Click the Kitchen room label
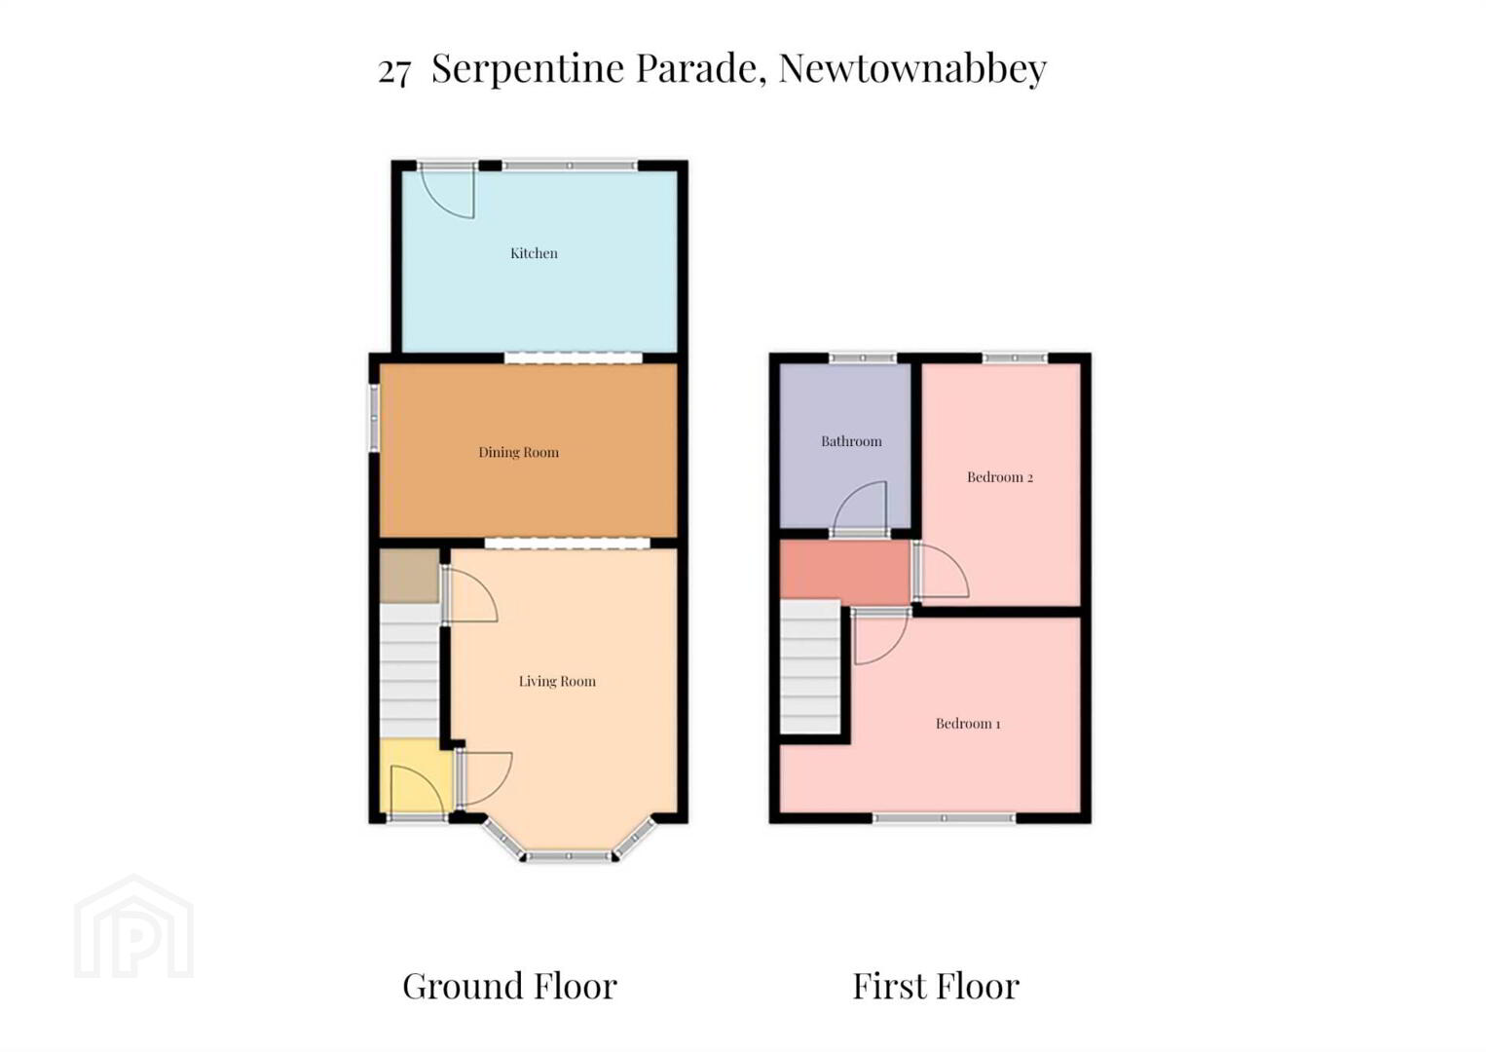[x=534, y=253]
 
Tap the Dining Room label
[x=518, y=452]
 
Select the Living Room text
[x=557, y=681]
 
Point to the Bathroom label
[x=851, y=441]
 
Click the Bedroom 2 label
[x=1000, y=477]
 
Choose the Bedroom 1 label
[x=968, y=724]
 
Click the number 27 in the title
[x=394, y=71]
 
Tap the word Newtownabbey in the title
[x=912, y=68]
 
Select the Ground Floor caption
[x=509, y=987]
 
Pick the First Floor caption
[x=936, y=987]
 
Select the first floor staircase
[x=810, y=667]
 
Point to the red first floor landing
[x=844, y=570]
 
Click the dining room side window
[x=374, y=419]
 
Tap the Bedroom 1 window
[x=944, y=818]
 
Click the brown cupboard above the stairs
[x=409, y=576]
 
